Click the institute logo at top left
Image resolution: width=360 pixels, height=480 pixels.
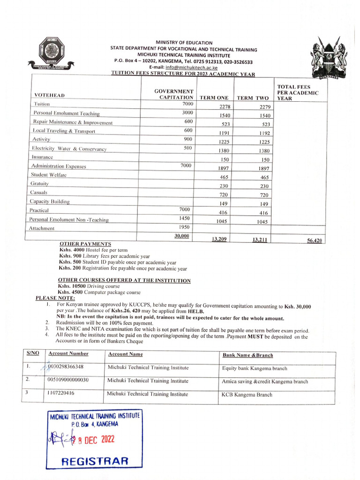50,55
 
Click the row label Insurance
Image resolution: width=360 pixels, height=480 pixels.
42,157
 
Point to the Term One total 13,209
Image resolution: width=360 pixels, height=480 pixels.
219,239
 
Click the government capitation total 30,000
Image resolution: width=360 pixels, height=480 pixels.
182,236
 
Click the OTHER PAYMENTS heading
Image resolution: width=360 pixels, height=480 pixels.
85,244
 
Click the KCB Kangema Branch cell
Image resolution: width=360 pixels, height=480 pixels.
247,395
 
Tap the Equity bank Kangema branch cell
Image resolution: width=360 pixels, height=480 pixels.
255,368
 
